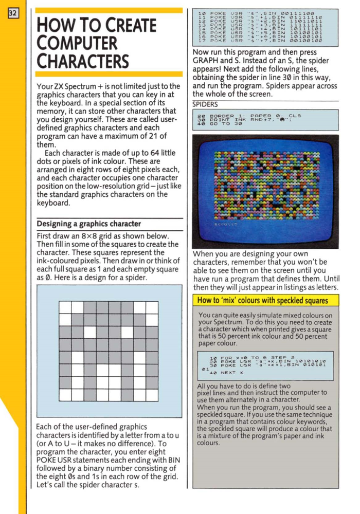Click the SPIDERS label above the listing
click(205, 103)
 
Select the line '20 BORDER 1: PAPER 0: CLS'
click(253, 116)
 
